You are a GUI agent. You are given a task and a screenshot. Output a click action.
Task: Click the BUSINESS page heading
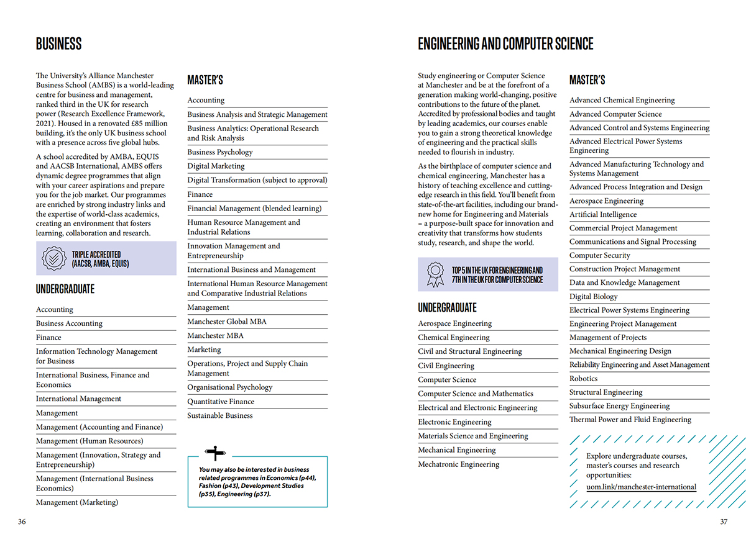click(x=59, y=44)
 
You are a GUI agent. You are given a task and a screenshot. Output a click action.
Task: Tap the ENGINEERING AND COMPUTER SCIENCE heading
click(x=505, y=44)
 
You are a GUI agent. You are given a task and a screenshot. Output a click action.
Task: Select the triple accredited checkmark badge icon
click(x=53, y=258)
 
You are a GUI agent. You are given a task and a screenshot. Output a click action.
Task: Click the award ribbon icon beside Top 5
click(x=435, y=274)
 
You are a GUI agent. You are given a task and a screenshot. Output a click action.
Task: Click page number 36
click(x=22, y=522)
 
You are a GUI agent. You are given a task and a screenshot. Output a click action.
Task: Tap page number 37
click(x=724, y=522)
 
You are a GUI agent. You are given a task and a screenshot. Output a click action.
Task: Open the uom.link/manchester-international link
click(x=641, y=487)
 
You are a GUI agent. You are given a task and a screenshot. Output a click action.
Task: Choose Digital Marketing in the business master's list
click(x=216, y=166)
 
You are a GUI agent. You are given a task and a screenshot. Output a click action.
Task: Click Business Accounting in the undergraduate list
click(x=69, y=323)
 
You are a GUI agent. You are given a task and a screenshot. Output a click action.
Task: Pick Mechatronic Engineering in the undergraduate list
click(x=459, y=464)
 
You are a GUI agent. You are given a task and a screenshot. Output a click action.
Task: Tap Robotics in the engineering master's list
click(x=583, y=379)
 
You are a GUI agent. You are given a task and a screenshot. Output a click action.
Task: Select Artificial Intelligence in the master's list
click(x=603, y=215)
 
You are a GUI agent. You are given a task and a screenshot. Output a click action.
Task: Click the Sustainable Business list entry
click(x=220, y=415)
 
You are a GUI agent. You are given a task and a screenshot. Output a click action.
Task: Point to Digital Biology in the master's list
click(x=594, y=297)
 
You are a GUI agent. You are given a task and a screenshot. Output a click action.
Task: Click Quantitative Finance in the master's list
click(x=221, y=402)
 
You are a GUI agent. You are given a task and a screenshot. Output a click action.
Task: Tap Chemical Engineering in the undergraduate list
click(x=454, y=338)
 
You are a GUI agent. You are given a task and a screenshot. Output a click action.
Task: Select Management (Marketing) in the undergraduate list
click(x=77, y=502)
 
